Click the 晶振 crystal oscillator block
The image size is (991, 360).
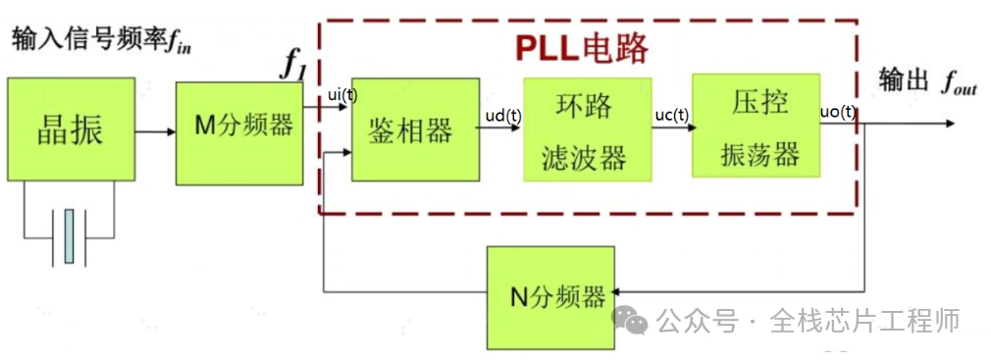(70, 129)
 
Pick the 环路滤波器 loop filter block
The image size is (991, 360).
(586, 129)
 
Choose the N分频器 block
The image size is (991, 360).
(550, 297)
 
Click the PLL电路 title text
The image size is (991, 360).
(582, 48)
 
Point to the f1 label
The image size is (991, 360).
(295, 66)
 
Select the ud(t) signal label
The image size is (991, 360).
(503, 116)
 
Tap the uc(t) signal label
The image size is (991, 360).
(672, 115)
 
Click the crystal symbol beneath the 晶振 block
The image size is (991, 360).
(69, 235)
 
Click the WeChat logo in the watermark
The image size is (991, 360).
(629, 320)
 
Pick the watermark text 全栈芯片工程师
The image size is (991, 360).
(863, 320)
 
